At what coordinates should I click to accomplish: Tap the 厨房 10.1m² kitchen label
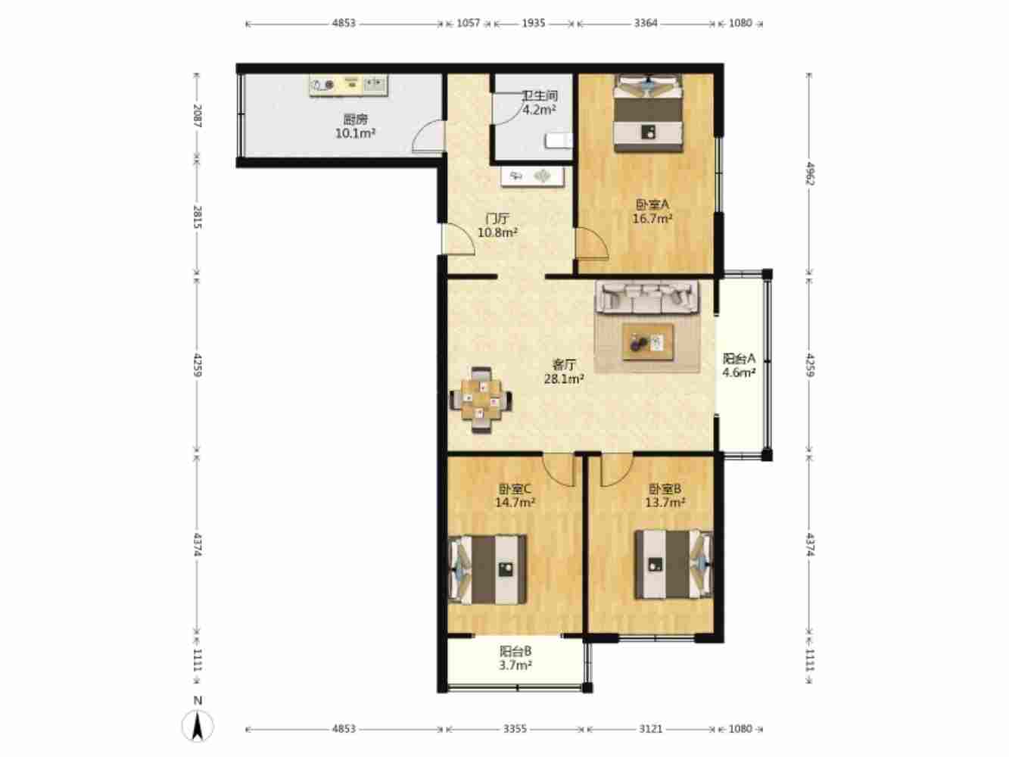point(355,126)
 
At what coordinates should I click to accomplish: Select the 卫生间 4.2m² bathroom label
point(540,102)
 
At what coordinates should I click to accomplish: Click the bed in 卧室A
point(649,114)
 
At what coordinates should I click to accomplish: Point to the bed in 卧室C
point(487,569)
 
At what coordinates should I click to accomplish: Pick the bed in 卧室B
point(674,565)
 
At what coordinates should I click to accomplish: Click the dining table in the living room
point(481,400)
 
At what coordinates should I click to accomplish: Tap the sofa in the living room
point(647,297)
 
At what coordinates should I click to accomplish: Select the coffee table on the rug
point(648,342)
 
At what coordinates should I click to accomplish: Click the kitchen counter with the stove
point(348,86)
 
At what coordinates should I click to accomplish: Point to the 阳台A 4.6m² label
point(739,366)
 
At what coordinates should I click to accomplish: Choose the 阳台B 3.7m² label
point(515,658)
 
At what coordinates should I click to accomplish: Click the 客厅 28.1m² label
point(564,372)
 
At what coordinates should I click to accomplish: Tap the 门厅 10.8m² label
point(498,226)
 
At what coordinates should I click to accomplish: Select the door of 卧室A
point(593,244)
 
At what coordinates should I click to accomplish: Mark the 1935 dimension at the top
point(533,23)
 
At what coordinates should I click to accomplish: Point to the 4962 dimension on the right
point(810,174)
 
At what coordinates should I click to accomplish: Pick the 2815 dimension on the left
point(198,217)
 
